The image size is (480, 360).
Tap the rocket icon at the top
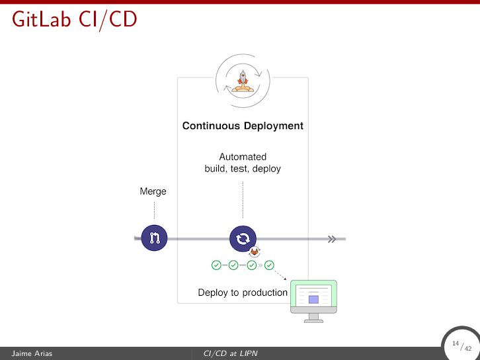(x=243, y=80)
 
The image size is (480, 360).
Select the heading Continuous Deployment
(x=243, y=126)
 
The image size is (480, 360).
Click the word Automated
(x=243, y=157)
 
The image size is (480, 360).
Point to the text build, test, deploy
(x=243, y=169)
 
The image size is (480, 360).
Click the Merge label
(x=153, y=192)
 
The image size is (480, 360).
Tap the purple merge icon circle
(x=154, y=238)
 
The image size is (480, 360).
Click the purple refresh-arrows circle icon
(x=243, y=238)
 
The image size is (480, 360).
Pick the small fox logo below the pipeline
(x=255, y=252)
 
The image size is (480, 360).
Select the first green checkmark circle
(x=216, y=265)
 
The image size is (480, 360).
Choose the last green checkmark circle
(x=269, y=265)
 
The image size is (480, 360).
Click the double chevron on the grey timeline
(x=332, y=239)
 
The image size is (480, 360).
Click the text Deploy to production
(x=243, y=292)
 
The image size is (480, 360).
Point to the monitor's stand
(x=314, y=318)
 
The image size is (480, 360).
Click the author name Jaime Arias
(x=28, y=354)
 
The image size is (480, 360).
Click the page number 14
(x=456, y=343)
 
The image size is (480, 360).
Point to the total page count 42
(x=468, y=349)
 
